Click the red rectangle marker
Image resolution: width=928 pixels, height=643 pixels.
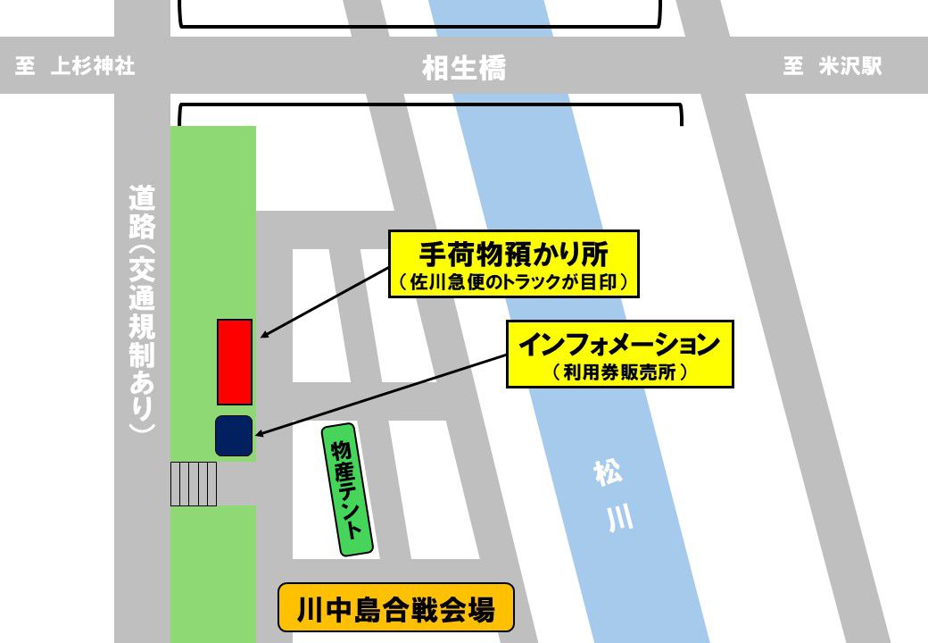pos(235,362)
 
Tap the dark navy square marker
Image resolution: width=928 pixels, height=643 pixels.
pos(234,435)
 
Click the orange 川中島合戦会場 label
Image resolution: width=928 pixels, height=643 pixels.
pos(396,609)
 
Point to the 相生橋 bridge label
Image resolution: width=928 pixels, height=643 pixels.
pos(463,68)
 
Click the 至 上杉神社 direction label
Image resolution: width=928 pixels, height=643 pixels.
pos(75,67)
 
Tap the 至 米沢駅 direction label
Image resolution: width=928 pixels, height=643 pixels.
pos(832,67)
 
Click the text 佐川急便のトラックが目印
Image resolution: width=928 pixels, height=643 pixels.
pos(514,283)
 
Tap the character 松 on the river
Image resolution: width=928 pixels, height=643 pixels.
pos(608,473)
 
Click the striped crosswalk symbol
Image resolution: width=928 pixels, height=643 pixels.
pos(194,484)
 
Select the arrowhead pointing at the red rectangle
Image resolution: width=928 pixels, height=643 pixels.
pos(263,336)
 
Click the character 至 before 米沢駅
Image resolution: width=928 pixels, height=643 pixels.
pos(793,67)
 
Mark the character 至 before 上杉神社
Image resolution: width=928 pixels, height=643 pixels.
pos(25,67)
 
